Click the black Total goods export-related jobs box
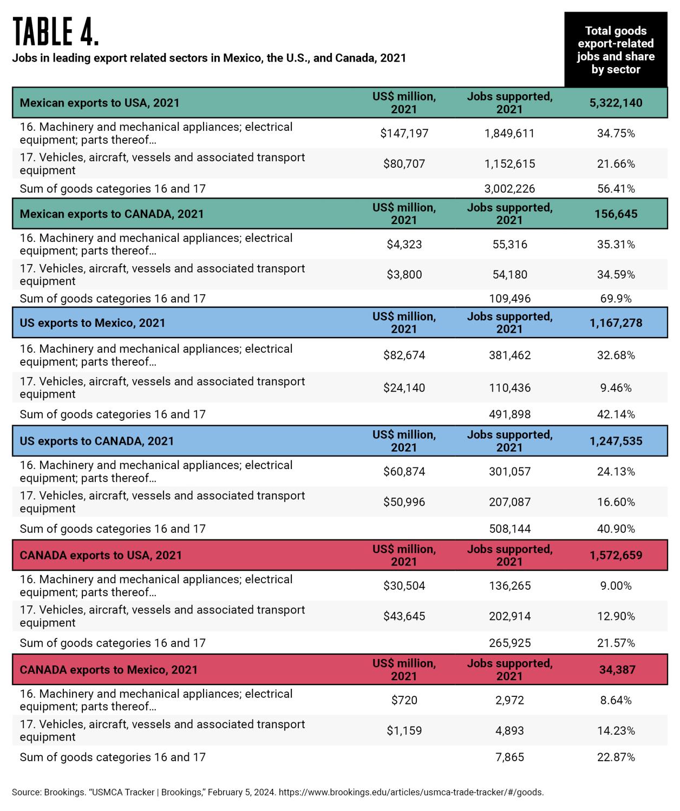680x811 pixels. (616, 50)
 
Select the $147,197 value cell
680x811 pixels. (404, 133)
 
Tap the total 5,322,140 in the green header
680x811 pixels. (616, 103)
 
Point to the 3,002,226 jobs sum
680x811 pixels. (509, 189)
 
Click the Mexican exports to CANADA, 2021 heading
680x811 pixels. (112, 214)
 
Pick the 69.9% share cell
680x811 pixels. (616, 299)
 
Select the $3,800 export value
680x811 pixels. (404, 275)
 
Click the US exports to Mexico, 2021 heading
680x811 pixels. (93, 323)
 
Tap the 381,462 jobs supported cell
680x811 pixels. (509, 355)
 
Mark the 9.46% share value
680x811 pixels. (616, 388)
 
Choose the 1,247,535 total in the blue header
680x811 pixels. (616, 441)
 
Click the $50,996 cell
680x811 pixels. (404, 502)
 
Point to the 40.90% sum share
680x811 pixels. (616, 529)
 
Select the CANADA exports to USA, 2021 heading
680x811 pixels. (101, 555)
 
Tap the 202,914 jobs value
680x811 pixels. (509, 616)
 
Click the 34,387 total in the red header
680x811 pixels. (617, 670)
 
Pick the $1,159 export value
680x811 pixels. (404, 731)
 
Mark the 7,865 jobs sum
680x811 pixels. (509, 757)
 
